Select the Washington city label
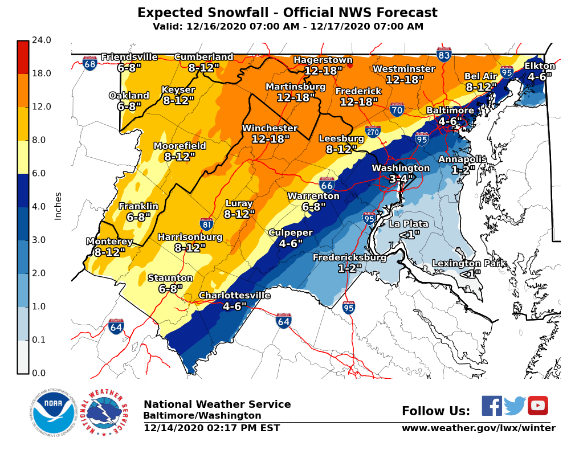click(401, 168)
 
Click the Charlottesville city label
click(234, 295)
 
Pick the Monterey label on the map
click(109, 242)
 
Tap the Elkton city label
click(540, 66)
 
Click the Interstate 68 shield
click(89, 63)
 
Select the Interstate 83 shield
click(444, 54)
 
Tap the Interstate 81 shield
click(207, 224)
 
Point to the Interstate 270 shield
click(373, 132)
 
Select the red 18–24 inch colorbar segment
click(23, 57)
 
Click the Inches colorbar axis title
click(58, 206)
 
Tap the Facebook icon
click(492, 406)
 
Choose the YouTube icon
click(537, 406)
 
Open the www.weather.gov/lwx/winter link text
click(478, 428)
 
